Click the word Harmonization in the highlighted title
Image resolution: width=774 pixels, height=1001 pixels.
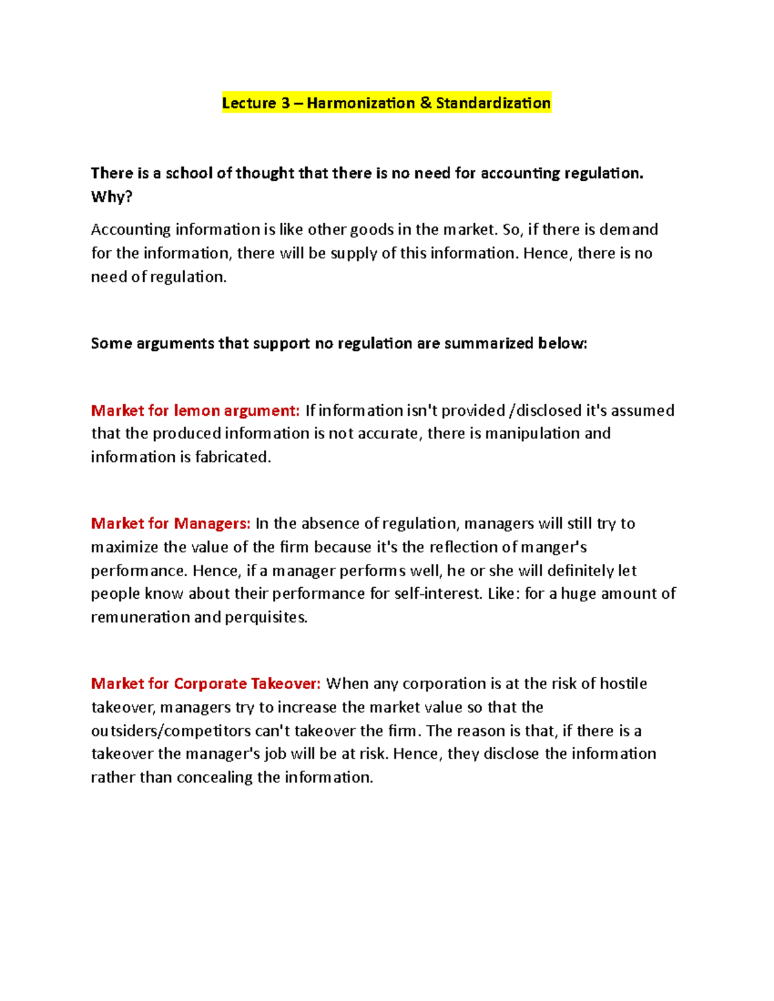pyautogui.click(x=361, y=103)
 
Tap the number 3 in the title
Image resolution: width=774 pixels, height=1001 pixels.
pyautogui.click(x=285, y=103)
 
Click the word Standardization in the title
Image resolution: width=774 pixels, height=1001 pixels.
pyautogui.click(x=493, y=103)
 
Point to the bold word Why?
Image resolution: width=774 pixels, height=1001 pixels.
pyautogui.click(x=112, y=197)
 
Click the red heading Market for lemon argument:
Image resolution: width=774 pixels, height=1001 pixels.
pyautogui.click(x=195, y=411)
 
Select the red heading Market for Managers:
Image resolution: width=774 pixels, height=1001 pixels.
pyautogui.click(x=170, y=523)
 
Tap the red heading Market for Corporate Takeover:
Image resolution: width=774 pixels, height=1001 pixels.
pyautogui.click(x=205, y=684)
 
